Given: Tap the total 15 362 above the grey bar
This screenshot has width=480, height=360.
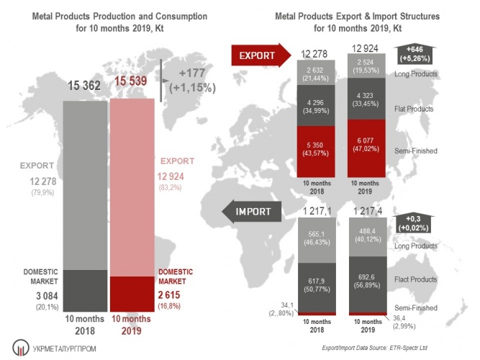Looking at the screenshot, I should (83, 86).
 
